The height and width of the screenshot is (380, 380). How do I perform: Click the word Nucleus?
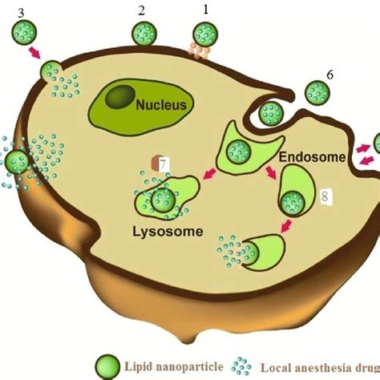[x=160, y=104]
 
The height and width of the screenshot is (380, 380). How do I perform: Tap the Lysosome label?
[x=168, y=233]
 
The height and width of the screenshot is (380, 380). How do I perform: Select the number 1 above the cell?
[x=205, y=10]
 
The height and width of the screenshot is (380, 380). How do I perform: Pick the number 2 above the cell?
[x=141, y=10]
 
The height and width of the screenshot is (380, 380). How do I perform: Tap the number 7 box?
[x=162, y=164]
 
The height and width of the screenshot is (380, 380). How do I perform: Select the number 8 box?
[x=325, y=196]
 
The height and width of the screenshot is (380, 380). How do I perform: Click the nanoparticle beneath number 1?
[x=206, y=34]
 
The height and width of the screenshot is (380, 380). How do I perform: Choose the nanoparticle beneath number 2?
[x=144, y=34]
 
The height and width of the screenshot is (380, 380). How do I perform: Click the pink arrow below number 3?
[x=35, y=53]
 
